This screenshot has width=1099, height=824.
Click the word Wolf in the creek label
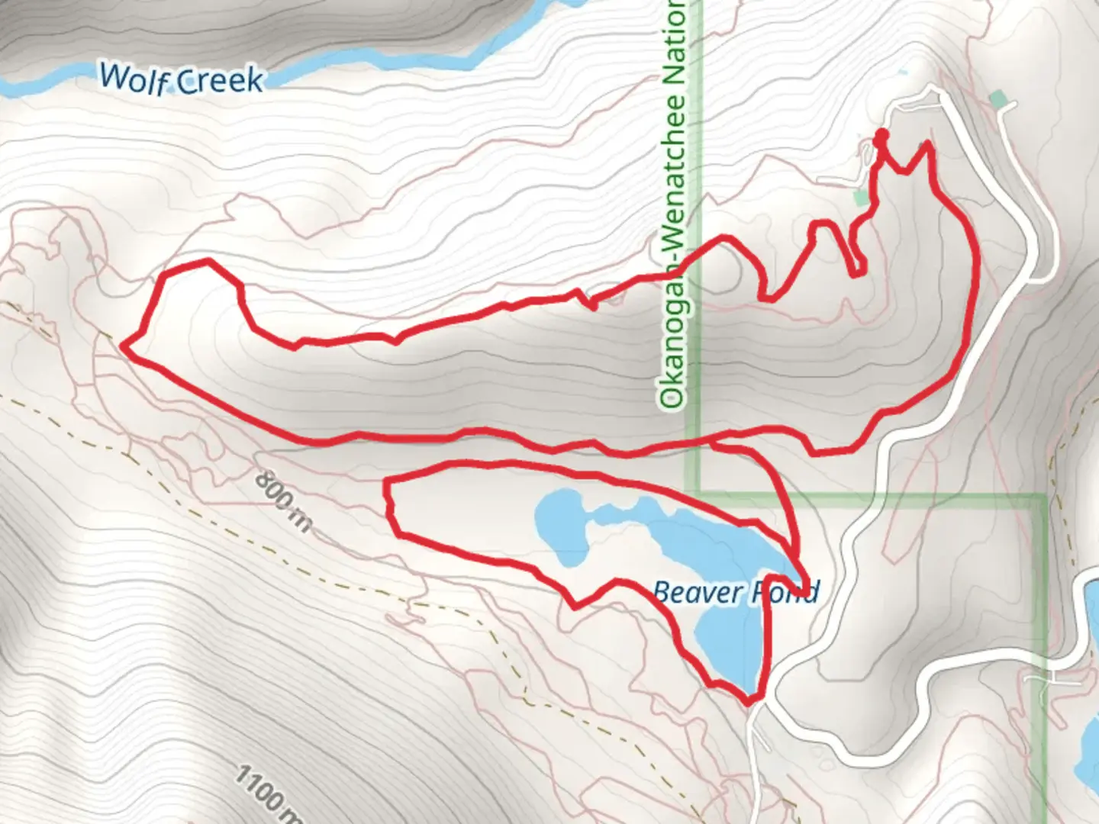(x=134, y=78)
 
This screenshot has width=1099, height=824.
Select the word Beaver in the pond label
(x=697, y=591)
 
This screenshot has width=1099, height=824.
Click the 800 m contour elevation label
(x=282, y=501)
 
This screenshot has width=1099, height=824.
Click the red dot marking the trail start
(x=881, y=137)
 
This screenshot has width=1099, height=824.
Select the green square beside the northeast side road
(x=997, y=98)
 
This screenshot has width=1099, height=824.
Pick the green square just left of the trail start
(x=861, y=198)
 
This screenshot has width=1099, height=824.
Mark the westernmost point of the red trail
(x=124, y=348)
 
